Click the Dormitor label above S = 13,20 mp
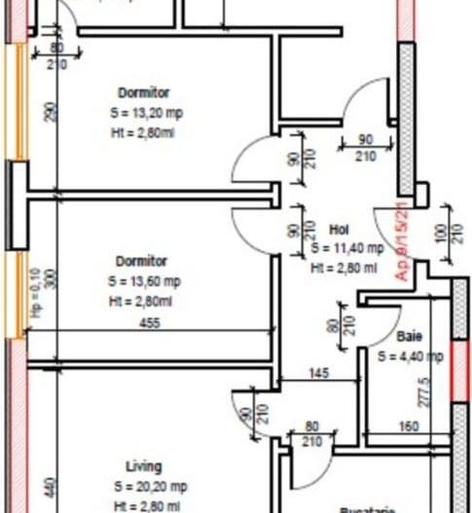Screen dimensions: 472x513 pos(143,93)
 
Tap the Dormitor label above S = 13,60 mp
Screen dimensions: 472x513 pos(141,262)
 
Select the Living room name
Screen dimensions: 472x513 pos(143,466)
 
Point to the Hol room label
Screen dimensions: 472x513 pos(340,231)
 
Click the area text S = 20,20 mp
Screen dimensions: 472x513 pos(150,486)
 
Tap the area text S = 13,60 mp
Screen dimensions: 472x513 pos(145,282)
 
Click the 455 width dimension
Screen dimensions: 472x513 pos(150,324)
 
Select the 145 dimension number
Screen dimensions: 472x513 pos(319,372)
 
